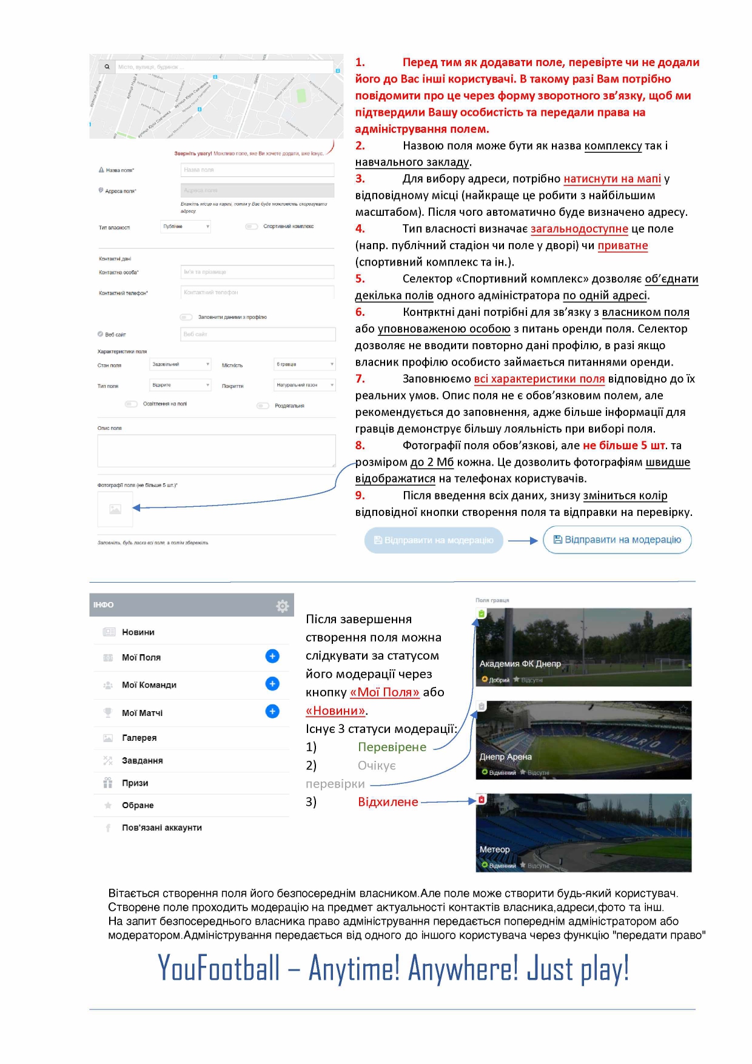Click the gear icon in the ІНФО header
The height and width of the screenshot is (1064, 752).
(x=282, y=606)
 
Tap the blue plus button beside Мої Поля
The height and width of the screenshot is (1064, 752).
(x=272, y=656)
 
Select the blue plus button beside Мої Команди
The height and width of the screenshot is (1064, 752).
(x=272, y=684)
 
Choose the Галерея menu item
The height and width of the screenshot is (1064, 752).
(x=139, y=738)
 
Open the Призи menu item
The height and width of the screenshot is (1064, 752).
(x=135, y=783)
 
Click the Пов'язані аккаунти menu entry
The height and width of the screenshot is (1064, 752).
(x=161, y=828)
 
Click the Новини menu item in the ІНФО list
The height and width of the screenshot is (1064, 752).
(x=138, y=632)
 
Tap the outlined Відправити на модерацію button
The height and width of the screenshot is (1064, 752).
(x=617, y=540)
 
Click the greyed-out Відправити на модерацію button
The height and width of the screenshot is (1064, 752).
(x=434, y=540)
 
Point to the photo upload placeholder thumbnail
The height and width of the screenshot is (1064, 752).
(x=115, y=509)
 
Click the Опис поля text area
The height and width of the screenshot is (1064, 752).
(x=217, y=450)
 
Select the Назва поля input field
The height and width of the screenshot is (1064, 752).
(x=258, y=170)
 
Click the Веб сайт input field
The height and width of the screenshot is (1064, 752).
(x=258, y=334)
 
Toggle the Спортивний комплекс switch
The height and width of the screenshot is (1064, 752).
(x=251, y=227)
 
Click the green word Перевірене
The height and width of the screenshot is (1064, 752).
(x=392, y=747)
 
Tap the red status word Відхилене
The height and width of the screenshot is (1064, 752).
(x=388, y=802)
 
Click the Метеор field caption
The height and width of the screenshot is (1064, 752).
(x=495, y=849)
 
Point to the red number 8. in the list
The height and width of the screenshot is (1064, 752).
(x=360, y=446)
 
